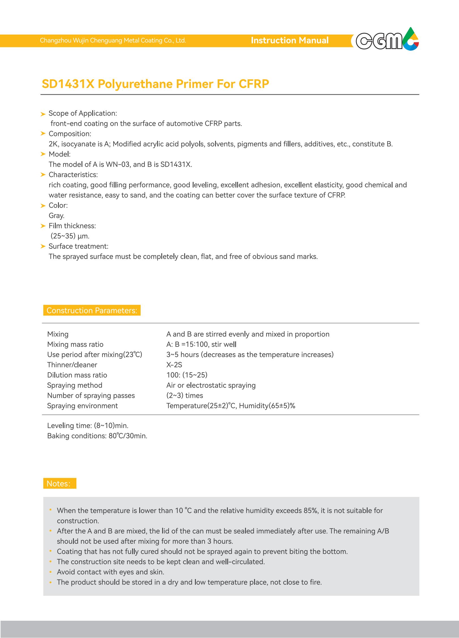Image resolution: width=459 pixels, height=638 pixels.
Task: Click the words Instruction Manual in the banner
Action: pos(289,41)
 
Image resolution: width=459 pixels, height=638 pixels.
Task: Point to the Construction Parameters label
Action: pos(92,311)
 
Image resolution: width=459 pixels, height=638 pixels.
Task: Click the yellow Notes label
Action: pos(60,484)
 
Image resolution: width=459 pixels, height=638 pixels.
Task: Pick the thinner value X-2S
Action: pos(174,365)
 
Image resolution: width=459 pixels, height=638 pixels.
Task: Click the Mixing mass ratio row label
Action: pos(75,344)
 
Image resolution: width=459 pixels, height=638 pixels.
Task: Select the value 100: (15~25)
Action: pos(187,375)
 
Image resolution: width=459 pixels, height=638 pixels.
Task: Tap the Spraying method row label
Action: pos(75,385)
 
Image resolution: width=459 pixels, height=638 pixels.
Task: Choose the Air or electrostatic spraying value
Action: pos(211,385)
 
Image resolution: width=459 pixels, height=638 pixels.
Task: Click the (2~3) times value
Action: pos(185,395)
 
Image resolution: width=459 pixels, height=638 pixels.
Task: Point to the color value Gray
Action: pos(57,216)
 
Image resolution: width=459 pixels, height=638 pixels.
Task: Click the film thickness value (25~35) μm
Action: pos(70,236)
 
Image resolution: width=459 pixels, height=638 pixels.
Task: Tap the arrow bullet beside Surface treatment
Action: pos(43,246)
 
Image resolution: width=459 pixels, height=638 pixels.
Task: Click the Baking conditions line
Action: pos(97,436)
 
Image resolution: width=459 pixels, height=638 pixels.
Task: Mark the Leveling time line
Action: pos(88,426)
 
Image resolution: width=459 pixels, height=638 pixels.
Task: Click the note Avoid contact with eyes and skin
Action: pos(110,572)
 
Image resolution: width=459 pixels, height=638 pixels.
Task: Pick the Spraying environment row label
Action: pos(82,406)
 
